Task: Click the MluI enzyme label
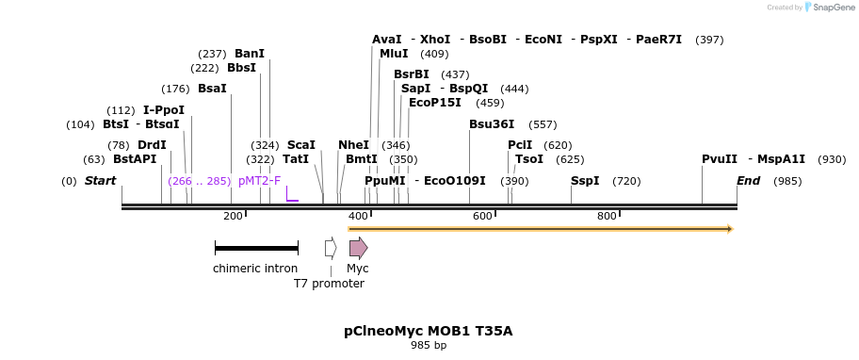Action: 394,54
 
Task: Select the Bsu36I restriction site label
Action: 492,124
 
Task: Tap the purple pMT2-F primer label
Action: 259,181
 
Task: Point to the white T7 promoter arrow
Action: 331,248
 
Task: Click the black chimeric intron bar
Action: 256,248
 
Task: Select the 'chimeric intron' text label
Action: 255,269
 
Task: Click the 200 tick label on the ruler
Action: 233,217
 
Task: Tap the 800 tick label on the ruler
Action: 608,217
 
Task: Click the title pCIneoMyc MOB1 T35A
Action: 429,331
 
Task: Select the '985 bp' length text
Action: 429,346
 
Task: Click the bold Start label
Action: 101,181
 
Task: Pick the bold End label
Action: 748,181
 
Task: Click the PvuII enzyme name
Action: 720,159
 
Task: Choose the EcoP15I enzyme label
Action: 435,103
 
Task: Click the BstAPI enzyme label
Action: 135,159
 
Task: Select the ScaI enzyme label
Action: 301,145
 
